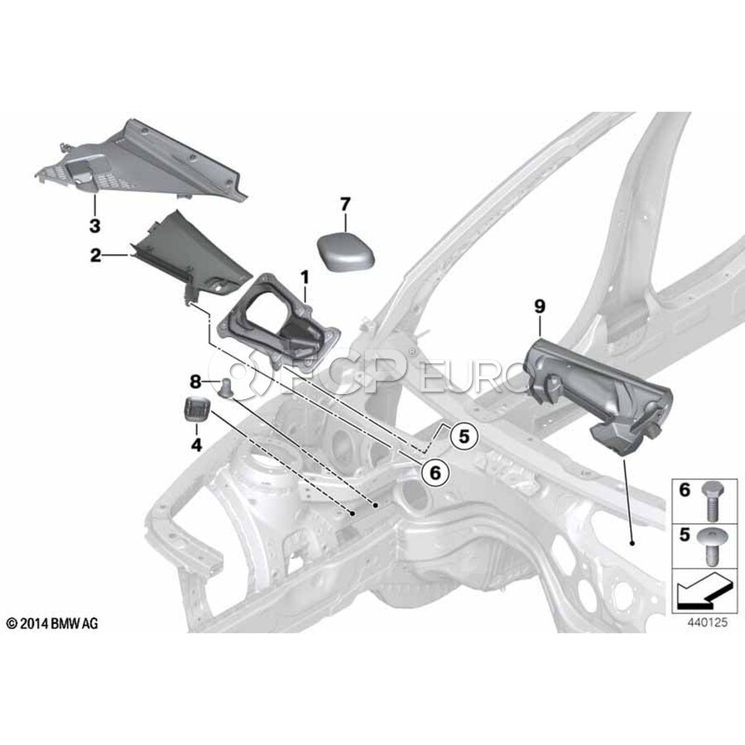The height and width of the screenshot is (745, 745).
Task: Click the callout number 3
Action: pyautogui.click(x=95, y=226)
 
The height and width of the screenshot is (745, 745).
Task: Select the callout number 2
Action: pyautogui.click(x=95, y=256)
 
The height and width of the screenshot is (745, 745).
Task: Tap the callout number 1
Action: pyautogui.click(x=305, y=278)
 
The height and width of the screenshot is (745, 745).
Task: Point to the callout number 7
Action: pyautogui.click(x=345, y=204)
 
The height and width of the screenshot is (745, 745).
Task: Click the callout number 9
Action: pyautogui.click(x=540, y=306)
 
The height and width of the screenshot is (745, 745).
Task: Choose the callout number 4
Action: pyautogui.click(x=196, y=445)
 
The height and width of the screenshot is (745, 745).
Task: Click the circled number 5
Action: pyautogui.click(x=464, y=435)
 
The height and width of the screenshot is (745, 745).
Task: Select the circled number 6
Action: pyautogui.click(x=435, y=473)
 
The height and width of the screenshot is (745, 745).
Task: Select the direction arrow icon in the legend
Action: pyautogui.click(x=702, y=590)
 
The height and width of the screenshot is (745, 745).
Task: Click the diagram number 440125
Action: pyautogui.click(x=707, y=622)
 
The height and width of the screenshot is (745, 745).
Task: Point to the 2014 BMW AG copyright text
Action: pyautogui.click(x=52, y=623)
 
